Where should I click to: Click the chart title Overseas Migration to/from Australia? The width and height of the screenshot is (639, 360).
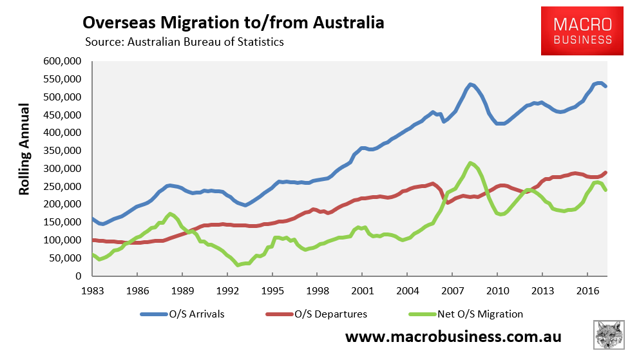[233, 23]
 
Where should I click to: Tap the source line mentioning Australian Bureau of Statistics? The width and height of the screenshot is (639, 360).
[184, 43]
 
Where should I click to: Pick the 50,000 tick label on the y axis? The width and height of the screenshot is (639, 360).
[64, 258]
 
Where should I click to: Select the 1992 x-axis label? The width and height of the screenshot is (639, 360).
[227, 289]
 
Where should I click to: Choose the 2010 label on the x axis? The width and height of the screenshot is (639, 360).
[497, 289]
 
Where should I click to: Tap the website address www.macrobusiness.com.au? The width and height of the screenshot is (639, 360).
[453, 337]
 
